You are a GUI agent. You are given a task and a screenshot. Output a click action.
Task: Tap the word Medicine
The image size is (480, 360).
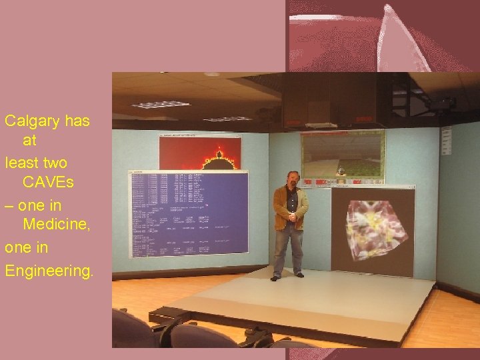click(x=56, y=225)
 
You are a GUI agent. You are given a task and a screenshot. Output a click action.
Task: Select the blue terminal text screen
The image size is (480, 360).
click(x=189, y=213)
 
